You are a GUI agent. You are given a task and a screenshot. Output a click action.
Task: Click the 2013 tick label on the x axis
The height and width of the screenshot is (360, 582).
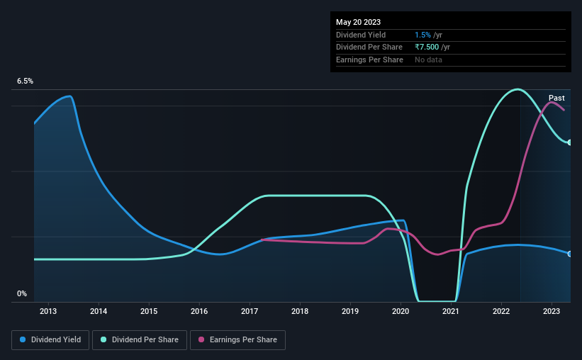pyautogui.click(x=48, y=311)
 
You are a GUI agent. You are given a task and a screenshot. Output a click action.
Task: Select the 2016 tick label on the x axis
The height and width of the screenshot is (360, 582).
pyautogui.click(x=199, y=311)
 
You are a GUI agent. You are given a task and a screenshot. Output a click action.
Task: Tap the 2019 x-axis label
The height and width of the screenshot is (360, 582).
pyautogui.click(x=350, y=311)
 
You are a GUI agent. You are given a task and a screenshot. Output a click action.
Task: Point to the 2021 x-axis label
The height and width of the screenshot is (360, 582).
pyautogui.click(x=452, y=311)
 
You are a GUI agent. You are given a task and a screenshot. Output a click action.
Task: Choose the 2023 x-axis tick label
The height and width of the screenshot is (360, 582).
pyautogui.click(x=552, y=311)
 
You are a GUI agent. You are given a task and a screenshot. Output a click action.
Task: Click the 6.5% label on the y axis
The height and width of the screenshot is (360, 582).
pyautogui.click(x=26, y=81)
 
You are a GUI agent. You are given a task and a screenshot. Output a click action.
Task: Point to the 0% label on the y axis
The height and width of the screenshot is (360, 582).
pyautogui.click(x=22, y=293)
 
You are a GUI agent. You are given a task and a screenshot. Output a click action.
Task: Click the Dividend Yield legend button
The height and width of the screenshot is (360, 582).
pyautogui.click(x=50, y=340)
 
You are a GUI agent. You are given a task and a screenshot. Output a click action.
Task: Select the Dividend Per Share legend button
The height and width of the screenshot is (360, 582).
pyautogui.click(x=144, y=340)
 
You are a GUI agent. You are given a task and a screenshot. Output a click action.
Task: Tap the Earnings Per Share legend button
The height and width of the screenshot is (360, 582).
pyautogui.click(x=238, y=340)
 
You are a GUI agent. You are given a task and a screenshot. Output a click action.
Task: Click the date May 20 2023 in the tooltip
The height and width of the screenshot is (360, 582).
pyautogui.click(x=356, y=21)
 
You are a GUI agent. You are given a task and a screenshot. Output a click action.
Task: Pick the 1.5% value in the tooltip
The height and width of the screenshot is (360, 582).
pyautogui.click(x=421, y=34)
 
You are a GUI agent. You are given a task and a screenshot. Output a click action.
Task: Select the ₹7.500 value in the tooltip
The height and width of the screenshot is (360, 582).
pyautogui.click(x=427, y=47)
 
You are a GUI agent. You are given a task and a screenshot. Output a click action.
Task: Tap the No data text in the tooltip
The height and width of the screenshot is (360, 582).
pyautogui.click(x=429, y=60)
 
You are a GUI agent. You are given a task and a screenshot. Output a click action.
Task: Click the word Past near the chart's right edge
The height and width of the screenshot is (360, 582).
pyautogui.click(x=556, y=98)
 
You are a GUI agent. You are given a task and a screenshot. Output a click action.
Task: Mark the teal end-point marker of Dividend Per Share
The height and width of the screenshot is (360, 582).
pyautogui.click(x=569, y=142)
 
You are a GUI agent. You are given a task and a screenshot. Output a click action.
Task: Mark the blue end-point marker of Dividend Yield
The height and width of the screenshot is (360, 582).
pyautogui.click(x=569, y=254)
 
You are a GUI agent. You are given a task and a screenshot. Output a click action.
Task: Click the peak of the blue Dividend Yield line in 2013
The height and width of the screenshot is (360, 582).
pyautogui.click(x=69, y=96)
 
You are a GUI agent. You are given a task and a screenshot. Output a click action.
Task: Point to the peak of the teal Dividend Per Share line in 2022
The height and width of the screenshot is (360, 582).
pyautogui.click(x=517, y=89)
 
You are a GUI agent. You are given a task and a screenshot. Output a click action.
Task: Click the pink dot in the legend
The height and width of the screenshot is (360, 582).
pyautogui.click(x=201, y=340)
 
